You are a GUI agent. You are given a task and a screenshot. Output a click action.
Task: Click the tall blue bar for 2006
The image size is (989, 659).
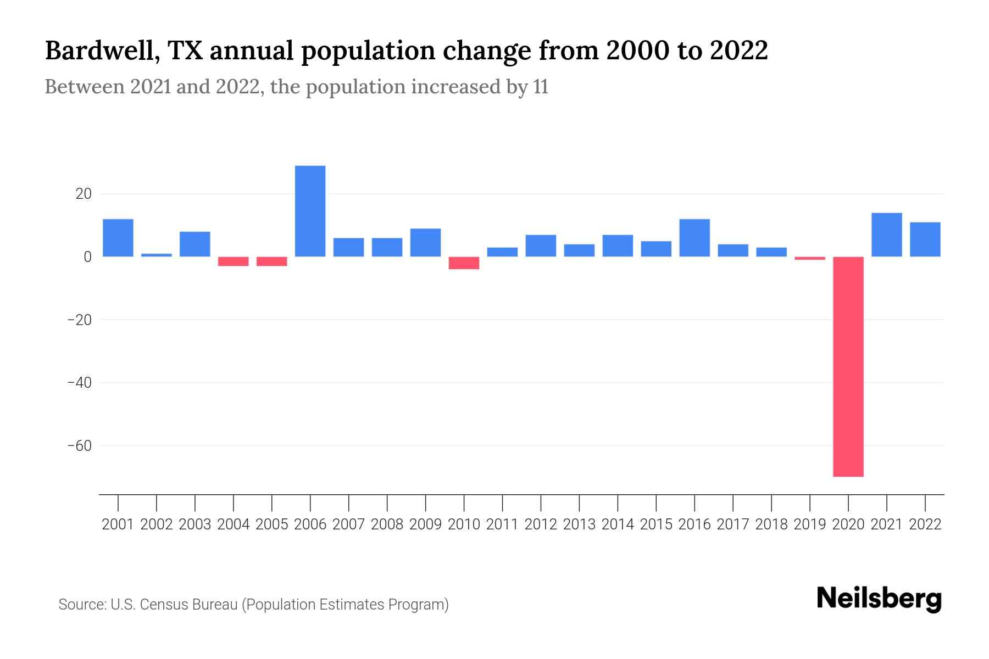(x=310, y=211)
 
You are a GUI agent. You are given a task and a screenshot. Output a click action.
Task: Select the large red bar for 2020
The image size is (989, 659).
(x=848, y=366)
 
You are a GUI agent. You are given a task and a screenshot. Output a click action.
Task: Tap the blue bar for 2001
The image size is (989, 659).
(x=118, y=238)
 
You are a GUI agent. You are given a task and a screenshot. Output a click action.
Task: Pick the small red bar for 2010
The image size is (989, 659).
(x=464, y=263)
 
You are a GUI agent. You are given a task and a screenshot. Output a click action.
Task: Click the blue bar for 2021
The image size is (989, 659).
(x=886, y=234)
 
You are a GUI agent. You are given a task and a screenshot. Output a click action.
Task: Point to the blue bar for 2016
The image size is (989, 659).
(x=694, y=238)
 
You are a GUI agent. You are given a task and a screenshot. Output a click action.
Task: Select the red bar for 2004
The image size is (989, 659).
(x=234, y=261)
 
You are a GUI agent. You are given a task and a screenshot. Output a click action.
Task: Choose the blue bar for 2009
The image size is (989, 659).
(x=425, y=242)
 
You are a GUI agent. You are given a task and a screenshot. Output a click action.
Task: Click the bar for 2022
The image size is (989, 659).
(x=925, y=239)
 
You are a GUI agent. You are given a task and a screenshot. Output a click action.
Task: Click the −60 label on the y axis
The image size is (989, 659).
(x=79, y=445)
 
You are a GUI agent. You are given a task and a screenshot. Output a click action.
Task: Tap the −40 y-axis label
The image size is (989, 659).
(x=79, y=382)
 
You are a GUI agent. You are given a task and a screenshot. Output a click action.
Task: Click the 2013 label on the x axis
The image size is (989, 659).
(x=579, y=524)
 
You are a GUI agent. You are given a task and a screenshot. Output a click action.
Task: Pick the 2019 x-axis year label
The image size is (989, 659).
(x=809, y=524)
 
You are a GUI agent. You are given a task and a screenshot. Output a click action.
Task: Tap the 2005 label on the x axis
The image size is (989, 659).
(x=272, y=524)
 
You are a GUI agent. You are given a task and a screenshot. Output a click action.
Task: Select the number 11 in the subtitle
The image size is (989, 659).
(x=540, y=87)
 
